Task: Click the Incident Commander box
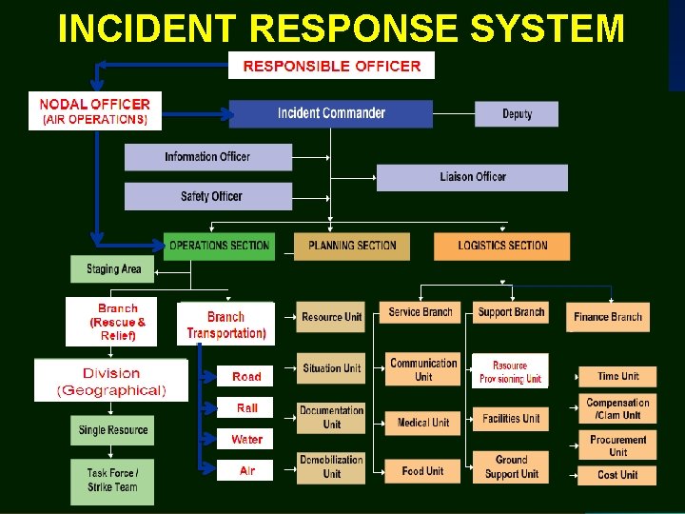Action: [330, 113]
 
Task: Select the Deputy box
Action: [517, 114]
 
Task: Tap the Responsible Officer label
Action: [331, 66]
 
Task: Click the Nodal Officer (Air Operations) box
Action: [95, 110]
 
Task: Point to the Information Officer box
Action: [207, 157]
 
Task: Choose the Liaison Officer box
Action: [472, 177]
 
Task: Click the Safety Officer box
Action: [207, 196]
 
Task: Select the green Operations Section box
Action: [219, 246]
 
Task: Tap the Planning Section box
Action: [351, 246]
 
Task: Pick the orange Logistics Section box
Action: [502, 246]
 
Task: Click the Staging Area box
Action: [112, 269]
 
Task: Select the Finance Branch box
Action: [608, 317]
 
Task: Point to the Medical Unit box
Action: [422, 423]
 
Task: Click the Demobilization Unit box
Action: [331, 466]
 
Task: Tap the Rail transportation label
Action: [247, 407]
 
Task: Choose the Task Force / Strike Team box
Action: [112, 481]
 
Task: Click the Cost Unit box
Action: [617, 474]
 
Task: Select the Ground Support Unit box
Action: [511, 466]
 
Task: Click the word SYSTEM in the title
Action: [547, 30]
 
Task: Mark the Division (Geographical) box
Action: [111, 381]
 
